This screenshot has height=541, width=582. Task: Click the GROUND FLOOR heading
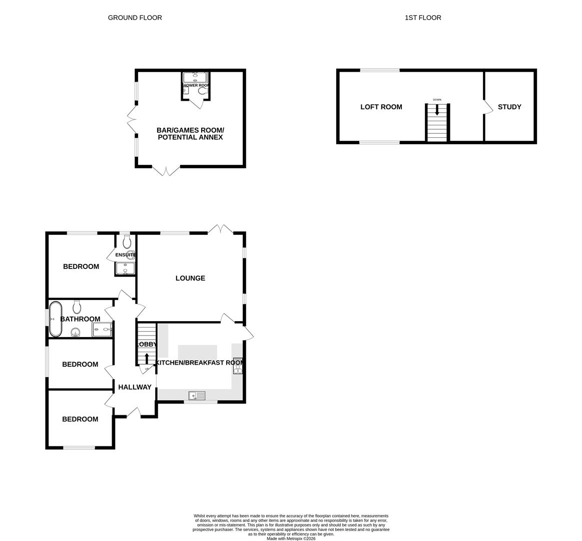click(x=135, y=18)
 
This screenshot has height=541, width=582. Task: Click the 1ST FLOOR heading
click(x=423, y=18)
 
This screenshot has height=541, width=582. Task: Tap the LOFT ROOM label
click(x=381, y=107)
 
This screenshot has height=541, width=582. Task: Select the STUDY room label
click(x=509, y=107)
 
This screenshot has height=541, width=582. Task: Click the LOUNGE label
click(x=190, y=278)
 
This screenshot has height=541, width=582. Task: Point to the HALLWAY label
click(x=134, y=387)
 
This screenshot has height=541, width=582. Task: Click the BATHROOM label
click(x=80, y=319)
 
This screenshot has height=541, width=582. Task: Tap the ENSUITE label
click(x=125, y=255)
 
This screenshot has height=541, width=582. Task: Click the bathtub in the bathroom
click(x=55, y=319)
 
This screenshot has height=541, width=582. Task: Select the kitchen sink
click(x=197, y=396)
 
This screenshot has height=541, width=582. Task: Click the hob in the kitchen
click(x=238, y=366)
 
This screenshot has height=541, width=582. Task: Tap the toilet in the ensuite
click(x=127, y=242)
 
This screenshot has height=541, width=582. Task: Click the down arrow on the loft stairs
click(x=437, y=109)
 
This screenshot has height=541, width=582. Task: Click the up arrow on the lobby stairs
click(x=147, y=359)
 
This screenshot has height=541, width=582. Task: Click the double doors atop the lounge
click(x=220, y=230)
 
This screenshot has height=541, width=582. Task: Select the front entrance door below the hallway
click(x=134, y=413)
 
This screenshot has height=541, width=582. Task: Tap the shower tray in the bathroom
click(x=102, y=329)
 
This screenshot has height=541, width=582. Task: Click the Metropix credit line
click(x=291, y=538)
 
